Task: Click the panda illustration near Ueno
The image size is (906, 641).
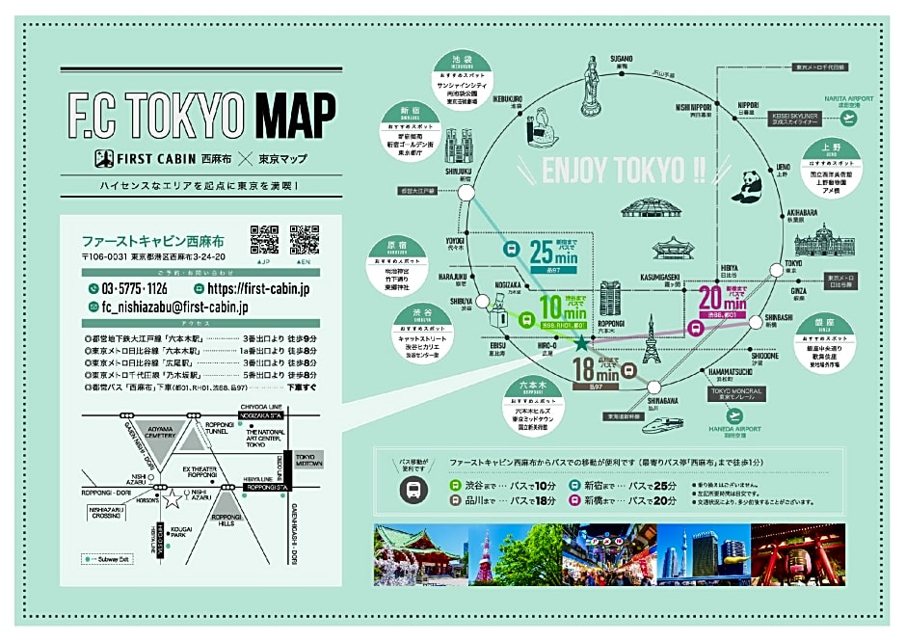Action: pyautogui.click(x=745, y=186)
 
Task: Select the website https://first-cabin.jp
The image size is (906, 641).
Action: pyautogui.click(x=257, y=288)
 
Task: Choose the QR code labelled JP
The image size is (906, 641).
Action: pyautogui.click(x=264, y=239)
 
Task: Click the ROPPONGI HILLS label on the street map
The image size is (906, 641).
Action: pyautogui.click(x=227, y=515)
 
